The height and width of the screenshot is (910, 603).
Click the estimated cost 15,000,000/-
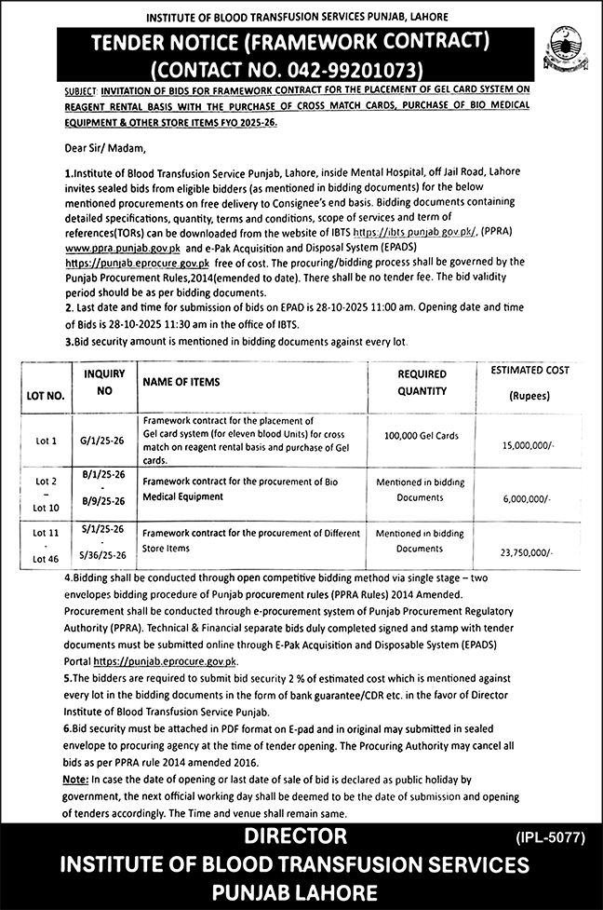[526, 446]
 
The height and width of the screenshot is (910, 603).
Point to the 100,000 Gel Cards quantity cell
[420, 435]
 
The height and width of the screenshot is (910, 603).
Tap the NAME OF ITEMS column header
[181, 383]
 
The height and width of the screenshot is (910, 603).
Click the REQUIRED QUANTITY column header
[422, 383]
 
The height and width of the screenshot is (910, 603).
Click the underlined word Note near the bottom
[75, 778]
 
